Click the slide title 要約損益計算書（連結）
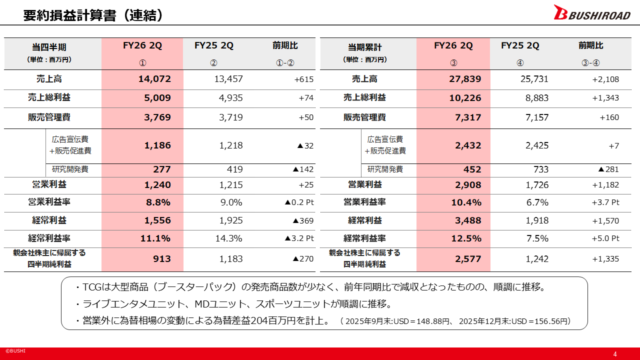pyautogui.click(x=93, y=15)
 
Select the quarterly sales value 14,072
pyautogui.click(x=154, y=79)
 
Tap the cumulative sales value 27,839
pyautogui.click(x=465, y=79)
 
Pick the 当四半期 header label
pyautogui.click(x=49, y=47)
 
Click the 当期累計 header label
pyautogui.click(x=365, y=47)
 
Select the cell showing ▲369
pyautogui.click(x=303, y=220)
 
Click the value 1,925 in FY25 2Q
pyautogui.click(x=231, y=220)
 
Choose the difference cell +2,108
pyautogui.click(x=605, y=79)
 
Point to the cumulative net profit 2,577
pyautogui.click(x=468, y=259)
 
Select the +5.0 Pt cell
pyautogui.click(x=605, y=238)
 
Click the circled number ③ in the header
pyautogui.click(x=453, y=63)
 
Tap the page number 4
pyautogui.click(x=615, y=354)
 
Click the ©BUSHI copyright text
pyautogui.click(x=15, y=351)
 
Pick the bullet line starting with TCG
pyautogui.click(x=310, y=287)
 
